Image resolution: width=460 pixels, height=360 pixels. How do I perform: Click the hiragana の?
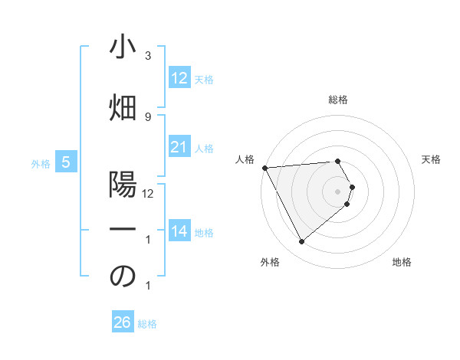tap(122, 277)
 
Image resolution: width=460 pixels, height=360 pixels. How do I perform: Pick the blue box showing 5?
tap(66, 162)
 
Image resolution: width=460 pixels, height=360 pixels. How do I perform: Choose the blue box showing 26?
tap(122, 322)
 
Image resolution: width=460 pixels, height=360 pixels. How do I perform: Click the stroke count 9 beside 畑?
tap(147, 117)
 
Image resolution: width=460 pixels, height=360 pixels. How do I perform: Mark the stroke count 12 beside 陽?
tap(148, 194)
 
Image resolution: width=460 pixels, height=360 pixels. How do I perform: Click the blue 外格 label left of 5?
tap(41, 163)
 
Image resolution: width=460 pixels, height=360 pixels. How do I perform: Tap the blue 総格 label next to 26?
tap(148, 323)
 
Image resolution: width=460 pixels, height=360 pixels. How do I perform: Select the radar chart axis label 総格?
tap(338, 100)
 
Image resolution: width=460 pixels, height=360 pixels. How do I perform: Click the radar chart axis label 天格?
tap(432, 159)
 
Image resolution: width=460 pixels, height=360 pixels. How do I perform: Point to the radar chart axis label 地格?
tap(402, 262)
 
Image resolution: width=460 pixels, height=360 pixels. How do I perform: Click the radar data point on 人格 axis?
tap(264, 167)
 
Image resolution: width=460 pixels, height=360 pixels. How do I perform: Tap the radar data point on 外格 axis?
tap(301, 242)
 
